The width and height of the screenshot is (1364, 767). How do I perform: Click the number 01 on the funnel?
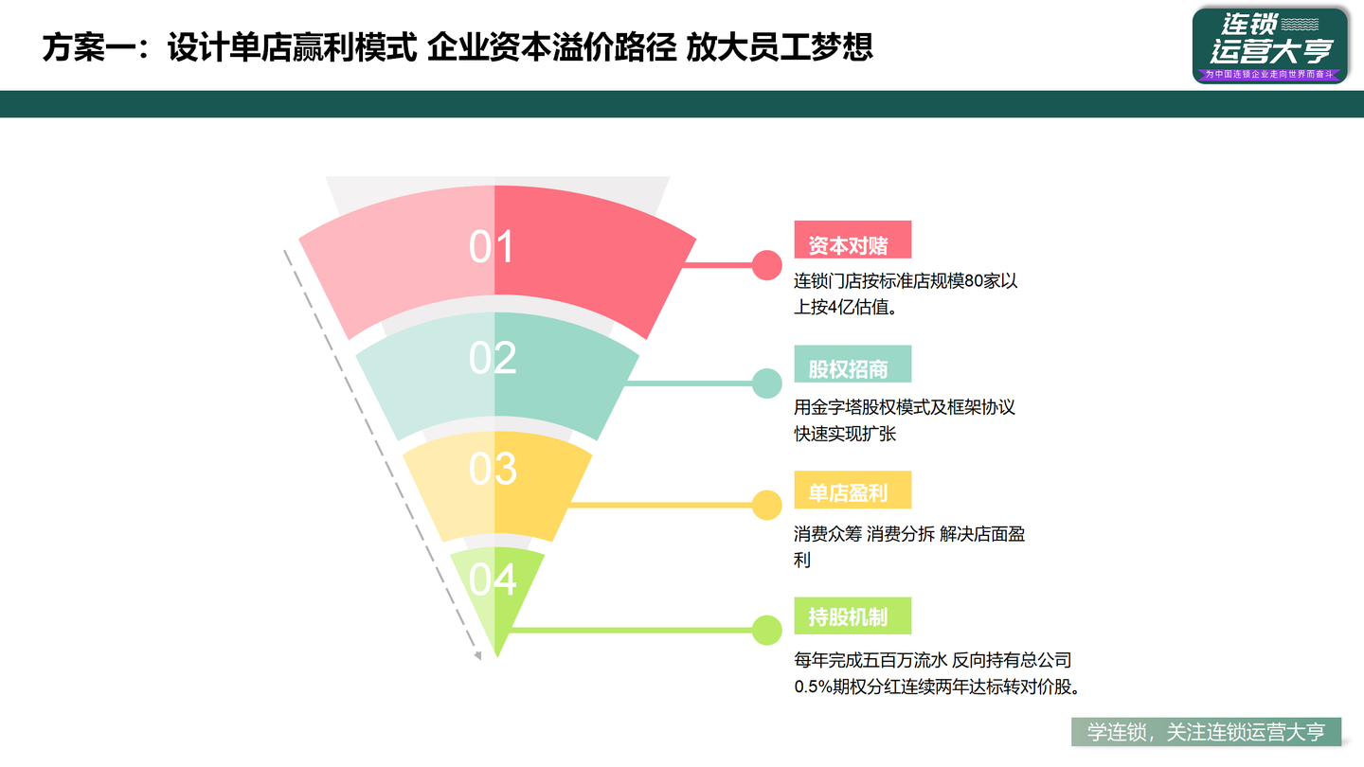tap(492, 247)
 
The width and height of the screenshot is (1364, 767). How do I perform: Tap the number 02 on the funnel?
tap(493, 358)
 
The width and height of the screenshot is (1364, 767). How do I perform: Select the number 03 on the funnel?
tap(493, 469)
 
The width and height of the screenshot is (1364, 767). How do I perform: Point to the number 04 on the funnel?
tap(493, 580)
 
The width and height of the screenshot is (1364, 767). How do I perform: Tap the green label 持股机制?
tap(852, 616)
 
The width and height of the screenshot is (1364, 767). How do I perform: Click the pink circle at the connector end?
tap(766, 264)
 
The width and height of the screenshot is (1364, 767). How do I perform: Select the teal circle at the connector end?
tap(766, 383)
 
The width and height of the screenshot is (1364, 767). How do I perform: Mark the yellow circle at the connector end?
tap(766, 505)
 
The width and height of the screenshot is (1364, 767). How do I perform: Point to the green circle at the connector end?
tap(766, 630)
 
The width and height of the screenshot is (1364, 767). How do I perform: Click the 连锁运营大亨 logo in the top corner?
tap(1269, 45)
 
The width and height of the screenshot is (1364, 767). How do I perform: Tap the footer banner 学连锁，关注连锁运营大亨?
tap(1206, 732)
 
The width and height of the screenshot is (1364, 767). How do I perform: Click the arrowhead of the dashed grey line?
tap(477, 654)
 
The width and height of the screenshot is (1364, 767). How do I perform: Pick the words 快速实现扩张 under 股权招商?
tap(845, 435)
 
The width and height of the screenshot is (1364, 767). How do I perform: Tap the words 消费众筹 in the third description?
tap(828, 535)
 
